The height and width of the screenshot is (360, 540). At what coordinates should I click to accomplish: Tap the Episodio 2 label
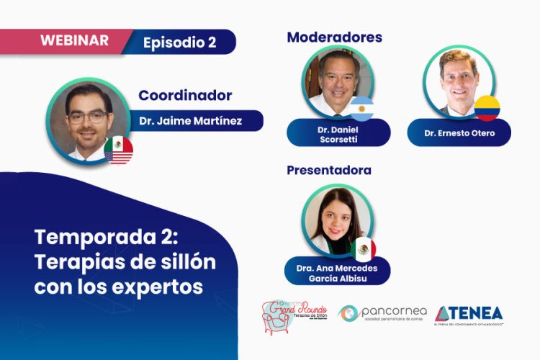[x=180, y=42]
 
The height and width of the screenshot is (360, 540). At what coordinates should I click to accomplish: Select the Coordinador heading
[x=185, y=95]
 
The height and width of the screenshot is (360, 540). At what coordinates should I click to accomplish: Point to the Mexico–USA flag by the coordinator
[x=118, y=150]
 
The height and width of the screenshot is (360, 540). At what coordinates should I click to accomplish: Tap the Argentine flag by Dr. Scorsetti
[x=362, y=109]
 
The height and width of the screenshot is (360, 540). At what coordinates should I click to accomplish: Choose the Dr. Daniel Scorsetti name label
[x=338, y=132]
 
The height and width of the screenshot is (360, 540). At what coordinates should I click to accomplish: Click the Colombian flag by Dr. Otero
[x=487, y=108]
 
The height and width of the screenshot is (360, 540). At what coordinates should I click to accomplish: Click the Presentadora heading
[x=329, y=171]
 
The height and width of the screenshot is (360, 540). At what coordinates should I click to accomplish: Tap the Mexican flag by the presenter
[x=364, y=249]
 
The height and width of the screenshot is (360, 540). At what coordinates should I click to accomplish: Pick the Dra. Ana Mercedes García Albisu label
[x=337, y=272]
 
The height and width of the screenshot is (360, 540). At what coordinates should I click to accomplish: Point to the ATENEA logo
[x=468, y=313]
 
